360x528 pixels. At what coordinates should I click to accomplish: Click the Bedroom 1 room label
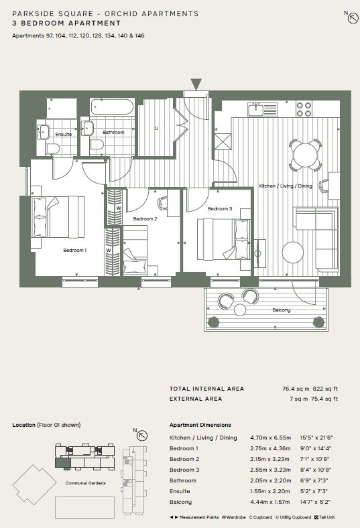click(x=75, y=250)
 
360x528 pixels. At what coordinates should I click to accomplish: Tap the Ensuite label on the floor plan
click(x=63, y=134)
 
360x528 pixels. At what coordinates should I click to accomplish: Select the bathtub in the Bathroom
click(x=112, y=107)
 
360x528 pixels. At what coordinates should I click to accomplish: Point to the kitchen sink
click(x=263, y=109)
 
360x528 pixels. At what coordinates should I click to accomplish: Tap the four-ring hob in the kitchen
click(x=304, y=109)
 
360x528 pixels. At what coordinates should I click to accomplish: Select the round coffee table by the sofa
click(x=293, y=252)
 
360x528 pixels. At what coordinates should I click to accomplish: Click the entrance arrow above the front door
click(x=196, y=84)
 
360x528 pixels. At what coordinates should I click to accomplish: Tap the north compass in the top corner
click(x=353, y=18)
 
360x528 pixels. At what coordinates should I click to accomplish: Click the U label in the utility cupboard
click(x=156, y=128)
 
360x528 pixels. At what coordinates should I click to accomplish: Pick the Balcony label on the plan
click(x=281, y=310)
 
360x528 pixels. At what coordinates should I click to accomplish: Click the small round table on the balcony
click(x=240, y=310)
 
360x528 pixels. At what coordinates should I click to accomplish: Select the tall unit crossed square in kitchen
click(x=223, y=141)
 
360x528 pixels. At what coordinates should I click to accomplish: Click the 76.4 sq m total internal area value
click(x=296, y=389)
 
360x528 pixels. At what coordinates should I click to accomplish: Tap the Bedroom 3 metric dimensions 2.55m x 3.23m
click(x=270, y=470)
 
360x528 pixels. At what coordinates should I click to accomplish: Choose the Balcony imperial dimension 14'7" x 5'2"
click(x=315, y=502)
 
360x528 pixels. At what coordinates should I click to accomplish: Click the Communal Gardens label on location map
click(x=86, y=483)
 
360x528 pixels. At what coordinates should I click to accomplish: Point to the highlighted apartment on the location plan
click(x=62, y=463)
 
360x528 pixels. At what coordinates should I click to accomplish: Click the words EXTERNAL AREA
click(x=196, y=399)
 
